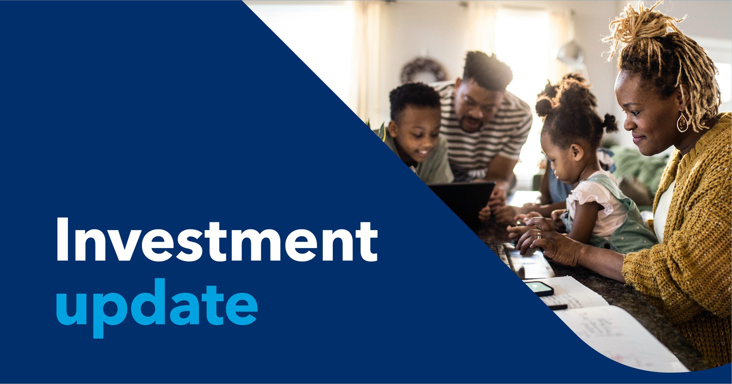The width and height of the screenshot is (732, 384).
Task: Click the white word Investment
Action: click(217, 239)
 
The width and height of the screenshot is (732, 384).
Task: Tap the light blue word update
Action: click(157, 308)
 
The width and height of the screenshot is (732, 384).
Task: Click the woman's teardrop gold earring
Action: click(682, 122)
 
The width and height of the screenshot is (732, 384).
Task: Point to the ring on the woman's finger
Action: click(539, 235)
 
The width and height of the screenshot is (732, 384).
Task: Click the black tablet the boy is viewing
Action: click(461, 200)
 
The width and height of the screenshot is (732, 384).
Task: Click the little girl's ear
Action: click(576, 152)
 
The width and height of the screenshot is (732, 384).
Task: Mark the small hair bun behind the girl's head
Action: click(610, 123)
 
